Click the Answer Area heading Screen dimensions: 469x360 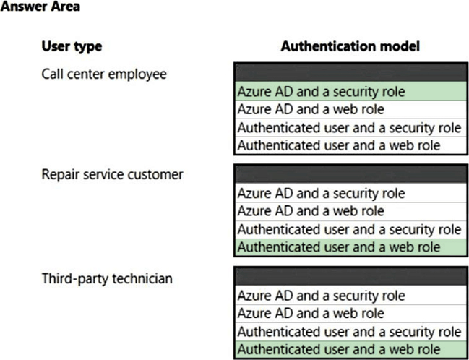click(x=40, y=6)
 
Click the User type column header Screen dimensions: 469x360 click(x=72, y=46)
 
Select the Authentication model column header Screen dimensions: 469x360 click(x=350, y=46)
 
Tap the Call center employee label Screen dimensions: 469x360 click(x=104, y=74)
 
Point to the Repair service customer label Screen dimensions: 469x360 click(x=112, y=174)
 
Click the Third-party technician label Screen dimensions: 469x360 click(x=107, y=278)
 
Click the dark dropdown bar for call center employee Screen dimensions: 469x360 click(x=351, y=72)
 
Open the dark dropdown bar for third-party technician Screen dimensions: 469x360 click(x=351, y=276)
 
